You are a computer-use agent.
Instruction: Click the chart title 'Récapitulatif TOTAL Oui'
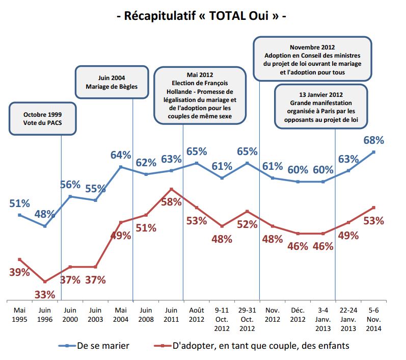202,15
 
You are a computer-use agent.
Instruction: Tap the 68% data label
373,140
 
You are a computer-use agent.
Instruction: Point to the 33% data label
45,294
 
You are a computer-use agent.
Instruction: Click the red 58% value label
171,201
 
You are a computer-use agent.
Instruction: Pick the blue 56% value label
70,185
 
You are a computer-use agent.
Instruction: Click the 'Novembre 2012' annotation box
312,59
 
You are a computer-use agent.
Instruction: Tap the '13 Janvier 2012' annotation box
321,106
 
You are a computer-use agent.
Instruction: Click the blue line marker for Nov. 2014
373,152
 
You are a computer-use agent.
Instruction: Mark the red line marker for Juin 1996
45,281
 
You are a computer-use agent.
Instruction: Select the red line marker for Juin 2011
171,189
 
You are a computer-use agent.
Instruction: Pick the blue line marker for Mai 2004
121,167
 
